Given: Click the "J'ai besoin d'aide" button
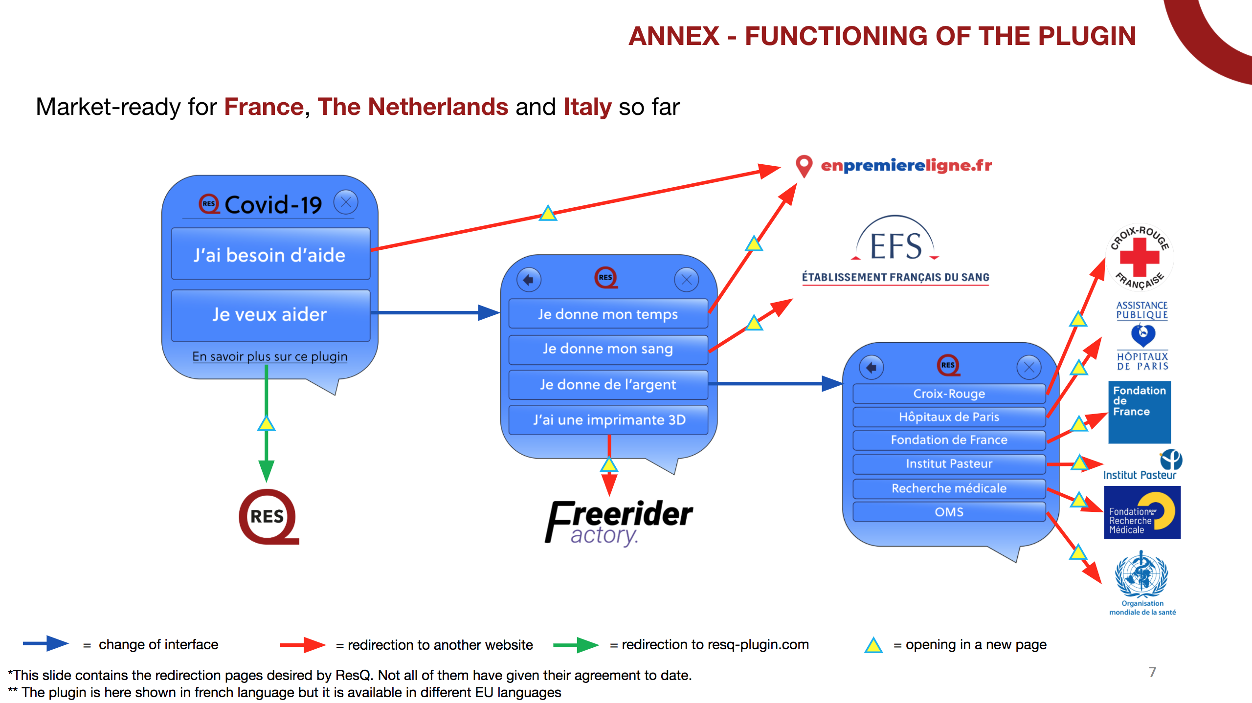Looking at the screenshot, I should point(270,255).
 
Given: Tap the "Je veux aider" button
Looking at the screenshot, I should point(270,314).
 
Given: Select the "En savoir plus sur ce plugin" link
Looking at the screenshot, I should point(270,356).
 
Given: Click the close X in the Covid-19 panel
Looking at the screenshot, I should point(346,202).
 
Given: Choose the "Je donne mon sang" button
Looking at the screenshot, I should point(608,349).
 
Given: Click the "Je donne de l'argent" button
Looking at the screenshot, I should point(608,385).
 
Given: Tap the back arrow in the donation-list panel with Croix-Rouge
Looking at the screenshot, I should point(871,367).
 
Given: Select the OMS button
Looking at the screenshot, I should point(949,512).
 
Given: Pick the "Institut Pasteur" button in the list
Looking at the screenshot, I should point(949,464).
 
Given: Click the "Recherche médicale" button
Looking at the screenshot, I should point(949,488).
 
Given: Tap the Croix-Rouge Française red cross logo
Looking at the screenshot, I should point(1140,257).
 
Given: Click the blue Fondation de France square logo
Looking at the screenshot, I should point(1139,412).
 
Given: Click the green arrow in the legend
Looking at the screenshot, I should point(576,645).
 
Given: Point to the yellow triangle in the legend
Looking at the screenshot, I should point(873,645).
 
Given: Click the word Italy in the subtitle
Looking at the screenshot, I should point(587,107).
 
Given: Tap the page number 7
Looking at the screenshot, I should point(1152,672).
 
